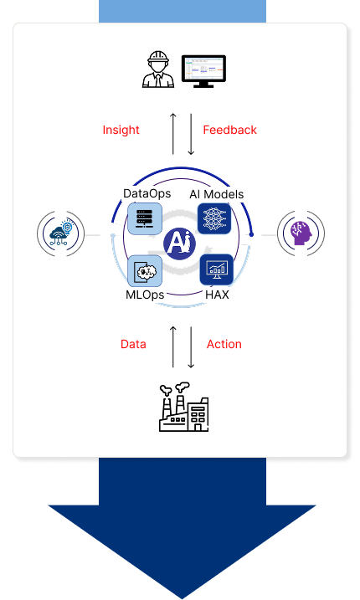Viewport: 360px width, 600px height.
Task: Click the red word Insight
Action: click(x=121, y=130)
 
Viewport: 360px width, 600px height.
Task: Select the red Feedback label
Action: click(x=229, y=130)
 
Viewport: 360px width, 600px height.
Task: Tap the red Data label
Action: click(x=133, y=344)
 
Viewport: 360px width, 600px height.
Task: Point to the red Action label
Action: click(x=224, y=344)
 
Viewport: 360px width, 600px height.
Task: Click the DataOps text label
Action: click(x=147, y=193)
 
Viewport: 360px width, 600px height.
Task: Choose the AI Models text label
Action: click(x=216, y=194)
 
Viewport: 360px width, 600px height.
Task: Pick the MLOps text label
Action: click(x=145, y=295)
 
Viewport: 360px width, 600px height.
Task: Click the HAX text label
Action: click(x=217, y=295)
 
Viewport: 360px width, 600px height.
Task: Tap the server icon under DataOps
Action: click(x=144, y=219)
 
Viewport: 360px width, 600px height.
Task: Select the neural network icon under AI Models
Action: click(x=214, y=218)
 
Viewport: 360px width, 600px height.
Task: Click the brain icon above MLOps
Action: click(x=145, y=271)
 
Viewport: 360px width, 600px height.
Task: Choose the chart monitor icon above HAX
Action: click(x=217, y=269)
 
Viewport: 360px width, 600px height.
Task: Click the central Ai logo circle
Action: click(x=180, y=244)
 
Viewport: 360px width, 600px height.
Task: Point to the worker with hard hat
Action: click(x=158, y=69)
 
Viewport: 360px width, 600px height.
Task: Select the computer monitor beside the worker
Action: click(x=203, y=71)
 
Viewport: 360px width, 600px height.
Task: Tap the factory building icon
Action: click(x=184, y=408)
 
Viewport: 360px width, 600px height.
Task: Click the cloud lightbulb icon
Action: click(x=60, y=233)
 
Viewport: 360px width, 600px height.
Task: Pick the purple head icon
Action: click(x=301, y=233)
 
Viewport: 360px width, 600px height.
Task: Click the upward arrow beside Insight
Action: click(x=173, y=134)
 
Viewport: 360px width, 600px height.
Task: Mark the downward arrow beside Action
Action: click(x=191, y=347)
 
